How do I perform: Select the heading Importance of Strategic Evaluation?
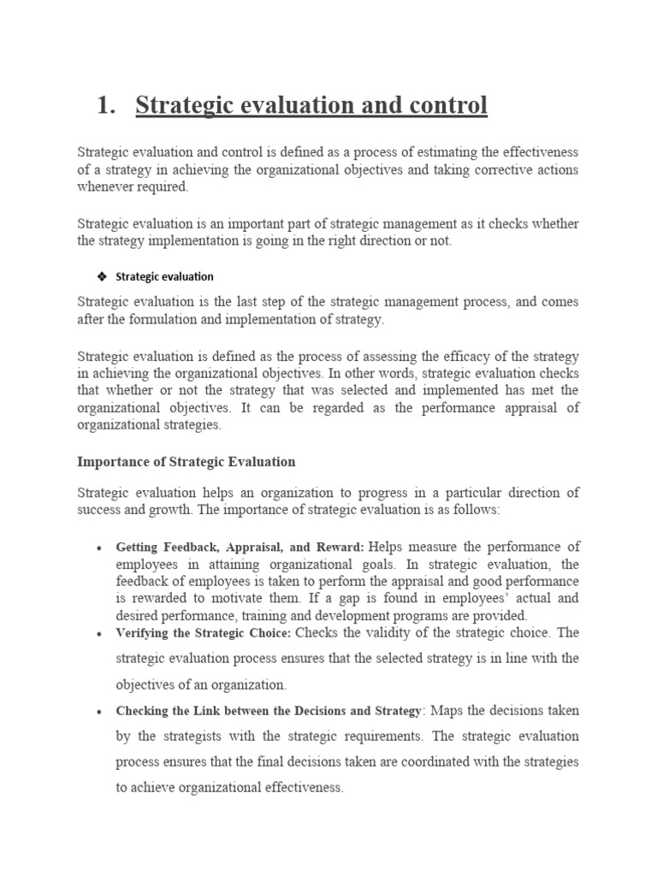point(186,461)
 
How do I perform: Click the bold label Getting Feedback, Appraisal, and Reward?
point(240,547)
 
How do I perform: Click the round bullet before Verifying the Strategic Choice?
point(101,634)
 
